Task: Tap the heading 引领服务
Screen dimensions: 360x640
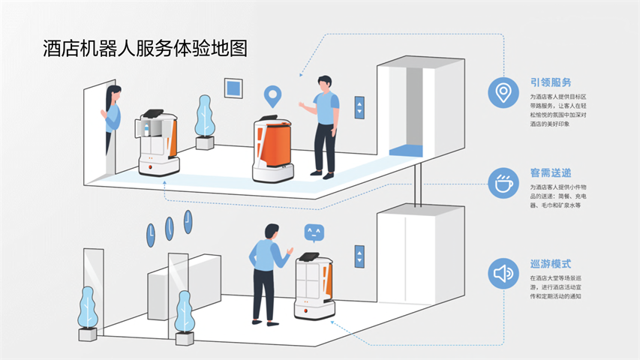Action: [551, 82]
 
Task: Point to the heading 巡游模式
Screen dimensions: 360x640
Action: [551, 263]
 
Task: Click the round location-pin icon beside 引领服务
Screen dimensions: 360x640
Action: [503, 93]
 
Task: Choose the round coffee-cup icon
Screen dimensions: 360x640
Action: [503, 182]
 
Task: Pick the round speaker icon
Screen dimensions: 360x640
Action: [503, 273]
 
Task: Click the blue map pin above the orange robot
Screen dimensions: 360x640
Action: [272, 97]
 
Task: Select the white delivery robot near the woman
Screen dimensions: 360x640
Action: [158, 142]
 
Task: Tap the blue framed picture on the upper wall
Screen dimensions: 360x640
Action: [234, 88]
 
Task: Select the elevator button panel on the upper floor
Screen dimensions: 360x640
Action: [359, 106]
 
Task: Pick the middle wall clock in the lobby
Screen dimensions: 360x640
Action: [169, 228]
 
